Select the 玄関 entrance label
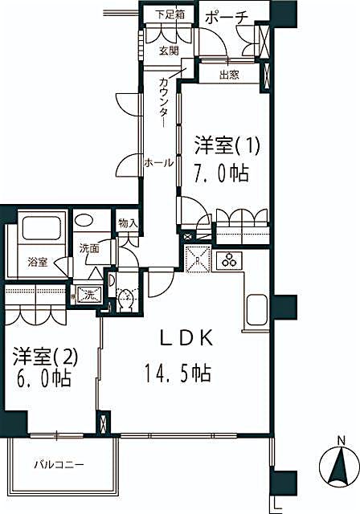click(168, 51)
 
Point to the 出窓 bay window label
click(229, 75)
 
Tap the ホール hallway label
click(157, 163)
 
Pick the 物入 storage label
click(128, 222)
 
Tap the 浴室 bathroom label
click(38, 263)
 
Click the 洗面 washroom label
click(89, 249)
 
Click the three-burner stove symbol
click(231, 260)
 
